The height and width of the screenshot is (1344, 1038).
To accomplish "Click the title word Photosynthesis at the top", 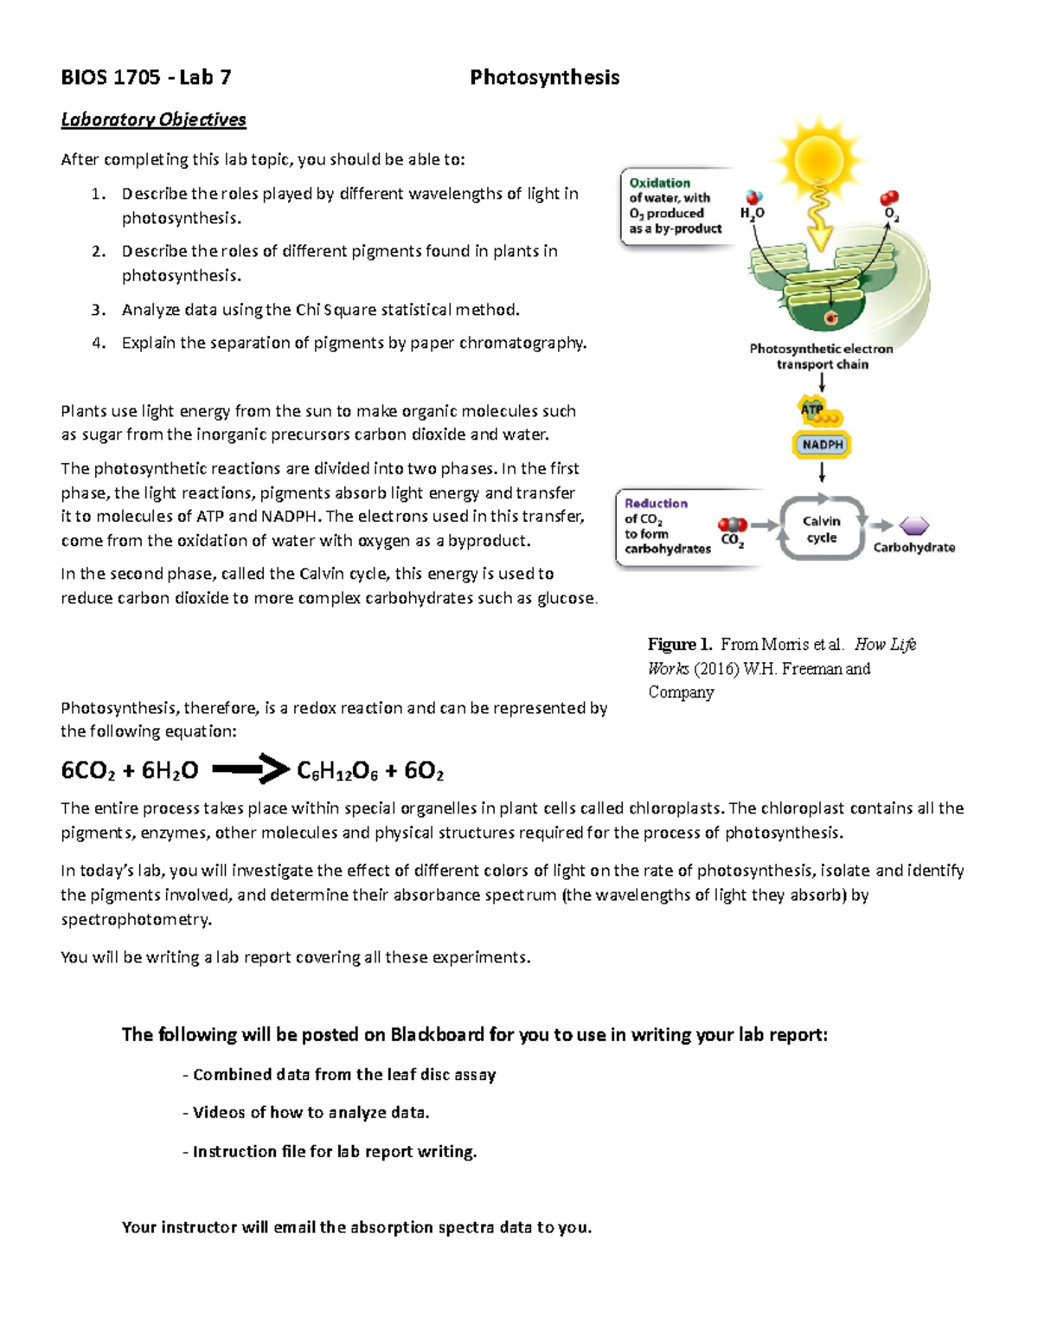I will click(x=544, y=78).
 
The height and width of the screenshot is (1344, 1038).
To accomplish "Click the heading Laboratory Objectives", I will click(x=153, y=119).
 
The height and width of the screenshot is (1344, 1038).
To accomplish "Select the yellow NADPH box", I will click(x=822, y=445).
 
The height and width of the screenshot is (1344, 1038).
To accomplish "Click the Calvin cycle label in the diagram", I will click(x=821, y=529).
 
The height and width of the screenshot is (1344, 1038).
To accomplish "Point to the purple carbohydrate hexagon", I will click(x=913, y=525).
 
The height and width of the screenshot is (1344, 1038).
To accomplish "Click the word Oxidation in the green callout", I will click(x=659, y=183).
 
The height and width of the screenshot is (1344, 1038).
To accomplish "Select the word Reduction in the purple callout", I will click(x=656, y=503).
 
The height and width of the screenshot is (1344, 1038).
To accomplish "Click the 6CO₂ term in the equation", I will click(x=86, y=771).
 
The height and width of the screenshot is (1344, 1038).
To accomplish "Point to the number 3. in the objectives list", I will click(x=99, y=310).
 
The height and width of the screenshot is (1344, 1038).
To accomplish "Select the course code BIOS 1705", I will click(x=110, y=78).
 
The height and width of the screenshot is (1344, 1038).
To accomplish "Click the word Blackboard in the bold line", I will click(x=436, y=1035).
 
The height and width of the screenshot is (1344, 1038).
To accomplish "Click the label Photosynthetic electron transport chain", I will click(x=821, y=357).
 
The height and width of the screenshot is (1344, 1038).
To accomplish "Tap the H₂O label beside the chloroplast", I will click(x=751, y=213).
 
